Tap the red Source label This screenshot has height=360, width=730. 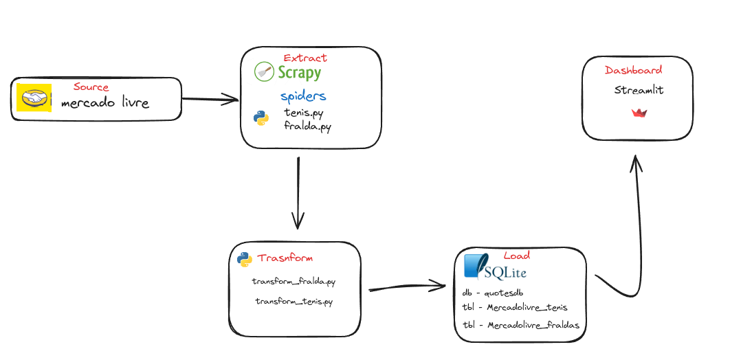coord(91,87)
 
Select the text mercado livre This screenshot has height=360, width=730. coord(104,104)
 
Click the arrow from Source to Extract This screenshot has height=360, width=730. coord(210,100)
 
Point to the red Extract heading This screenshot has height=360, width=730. coord(305,58)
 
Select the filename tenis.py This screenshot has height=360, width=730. coord(304,113)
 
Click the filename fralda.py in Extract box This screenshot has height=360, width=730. coord(307,127)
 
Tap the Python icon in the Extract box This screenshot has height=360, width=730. coord(261,117)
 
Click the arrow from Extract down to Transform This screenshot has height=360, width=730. coord(298,192)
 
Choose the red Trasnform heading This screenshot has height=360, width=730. coord(285,258)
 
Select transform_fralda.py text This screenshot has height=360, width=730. coord(294,282)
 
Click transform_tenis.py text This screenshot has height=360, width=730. coord(295,301)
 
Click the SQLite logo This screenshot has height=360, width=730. coord(494,267)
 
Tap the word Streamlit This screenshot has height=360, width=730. coord(639,91)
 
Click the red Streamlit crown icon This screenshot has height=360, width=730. coord(639,113)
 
